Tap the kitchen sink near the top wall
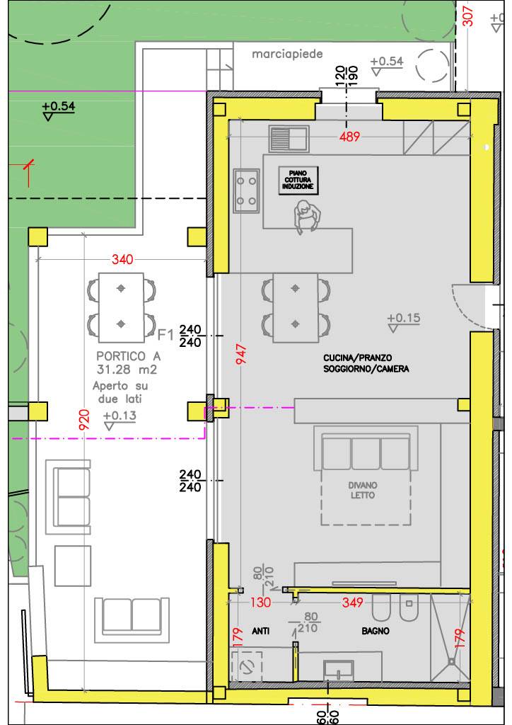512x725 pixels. (x=287, y=137)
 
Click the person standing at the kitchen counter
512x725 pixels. (x=306, y=217)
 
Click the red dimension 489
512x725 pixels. (x=348, y=137)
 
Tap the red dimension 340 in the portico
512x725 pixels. (x=122, y=260)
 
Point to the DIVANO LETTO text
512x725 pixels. (x=361, y=491)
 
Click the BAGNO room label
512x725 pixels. (x=376, y=631)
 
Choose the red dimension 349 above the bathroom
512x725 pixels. (x=351, y=603)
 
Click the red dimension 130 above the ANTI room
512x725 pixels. (x=262, y=603)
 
